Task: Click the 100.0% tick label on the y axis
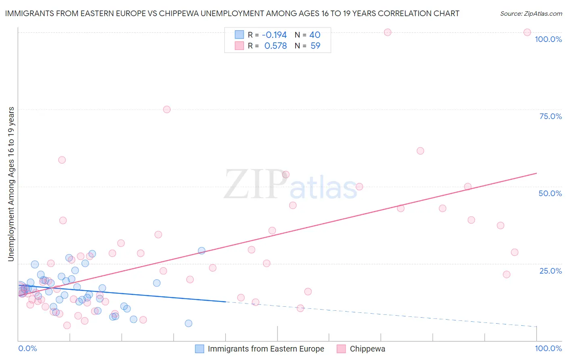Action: point(548,39)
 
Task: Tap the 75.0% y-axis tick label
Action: point(550,116)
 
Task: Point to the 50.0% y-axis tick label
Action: point(550,193)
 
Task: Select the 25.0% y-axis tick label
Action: point(550,270)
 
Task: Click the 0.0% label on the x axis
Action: point(27,348)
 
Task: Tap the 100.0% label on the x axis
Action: point(548,348)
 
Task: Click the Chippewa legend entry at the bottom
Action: point(367,349)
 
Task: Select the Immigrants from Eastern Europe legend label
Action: point(266,349)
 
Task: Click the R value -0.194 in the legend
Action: point(274,35)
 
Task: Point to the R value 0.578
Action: point(275,46)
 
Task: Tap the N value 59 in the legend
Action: point(315,46)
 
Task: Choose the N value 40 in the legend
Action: point(315,35)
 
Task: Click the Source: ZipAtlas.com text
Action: point(531,14)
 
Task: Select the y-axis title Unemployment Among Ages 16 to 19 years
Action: point(11,184)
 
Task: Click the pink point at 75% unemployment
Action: point(167,109)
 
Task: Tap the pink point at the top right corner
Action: point(527,32)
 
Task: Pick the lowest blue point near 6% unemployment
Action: point(188,323)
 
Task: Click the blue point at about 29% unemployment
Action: point(202,251)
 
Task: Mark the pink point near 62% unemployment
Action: point(420,151)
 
